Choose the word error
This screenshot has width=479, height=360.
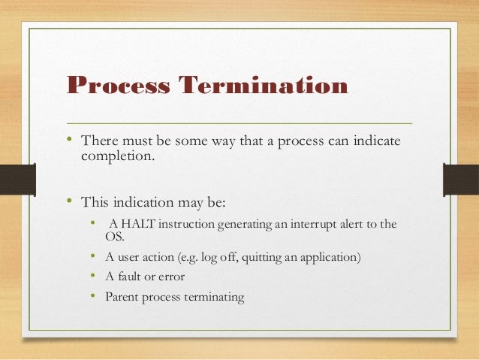[x=170, y=277]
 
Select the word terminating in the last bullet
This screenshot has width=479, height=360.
[x=212, y=296]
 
